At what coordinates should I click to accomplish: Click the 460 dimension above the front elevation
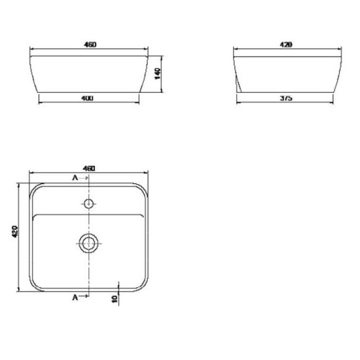(x=90, y=45)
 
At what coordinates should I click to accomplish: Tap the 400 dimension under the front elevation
(x=88, y=99)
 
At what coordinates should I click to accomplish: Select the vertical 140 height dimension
(x=157, y=73)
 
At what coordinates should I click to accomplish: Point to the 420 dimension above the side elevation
(x=286, y=45)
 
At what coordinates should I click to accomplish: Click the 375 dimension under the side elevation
(x=286, y=98)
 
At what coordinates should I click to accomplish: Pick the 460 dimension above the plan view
(x=89, y=168)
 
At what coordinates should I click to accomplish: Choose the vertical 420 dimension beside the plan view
(x=15, y=232)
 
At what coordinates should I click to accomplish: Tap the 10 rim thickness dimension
(x=114, y=299)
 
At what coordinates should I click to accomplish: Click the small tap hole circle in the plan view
(x=88, y=203)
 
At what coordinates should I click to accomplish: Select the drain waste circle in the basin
(x=89, y=243)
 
